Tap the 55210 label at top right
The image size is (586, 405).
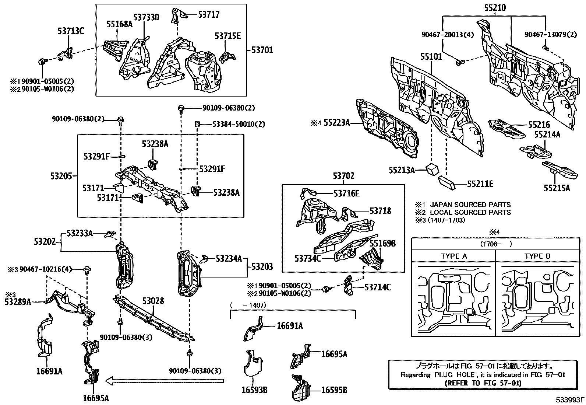coord(495,7)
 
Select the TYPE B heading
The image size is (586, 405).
coord(537,256)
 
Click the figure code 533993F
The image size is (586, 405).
coord(570,399)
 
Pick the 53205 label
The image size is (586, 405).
coord(61,176)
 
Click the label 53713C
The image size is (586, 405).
coord(71,31)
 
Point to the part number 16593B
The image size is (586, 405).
coord(254,390)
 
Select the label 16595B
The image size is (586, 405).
coord(334,390)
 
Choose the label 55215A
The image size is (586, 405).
coord(557,188)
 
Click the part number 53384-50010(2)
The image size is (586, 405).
coord(239,124)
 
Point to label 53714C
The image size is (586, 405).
coord(378,287)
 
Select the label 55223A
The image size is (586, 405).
coord(336,123)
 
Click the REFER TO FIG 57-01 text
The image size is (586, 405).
coord(483,383)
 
